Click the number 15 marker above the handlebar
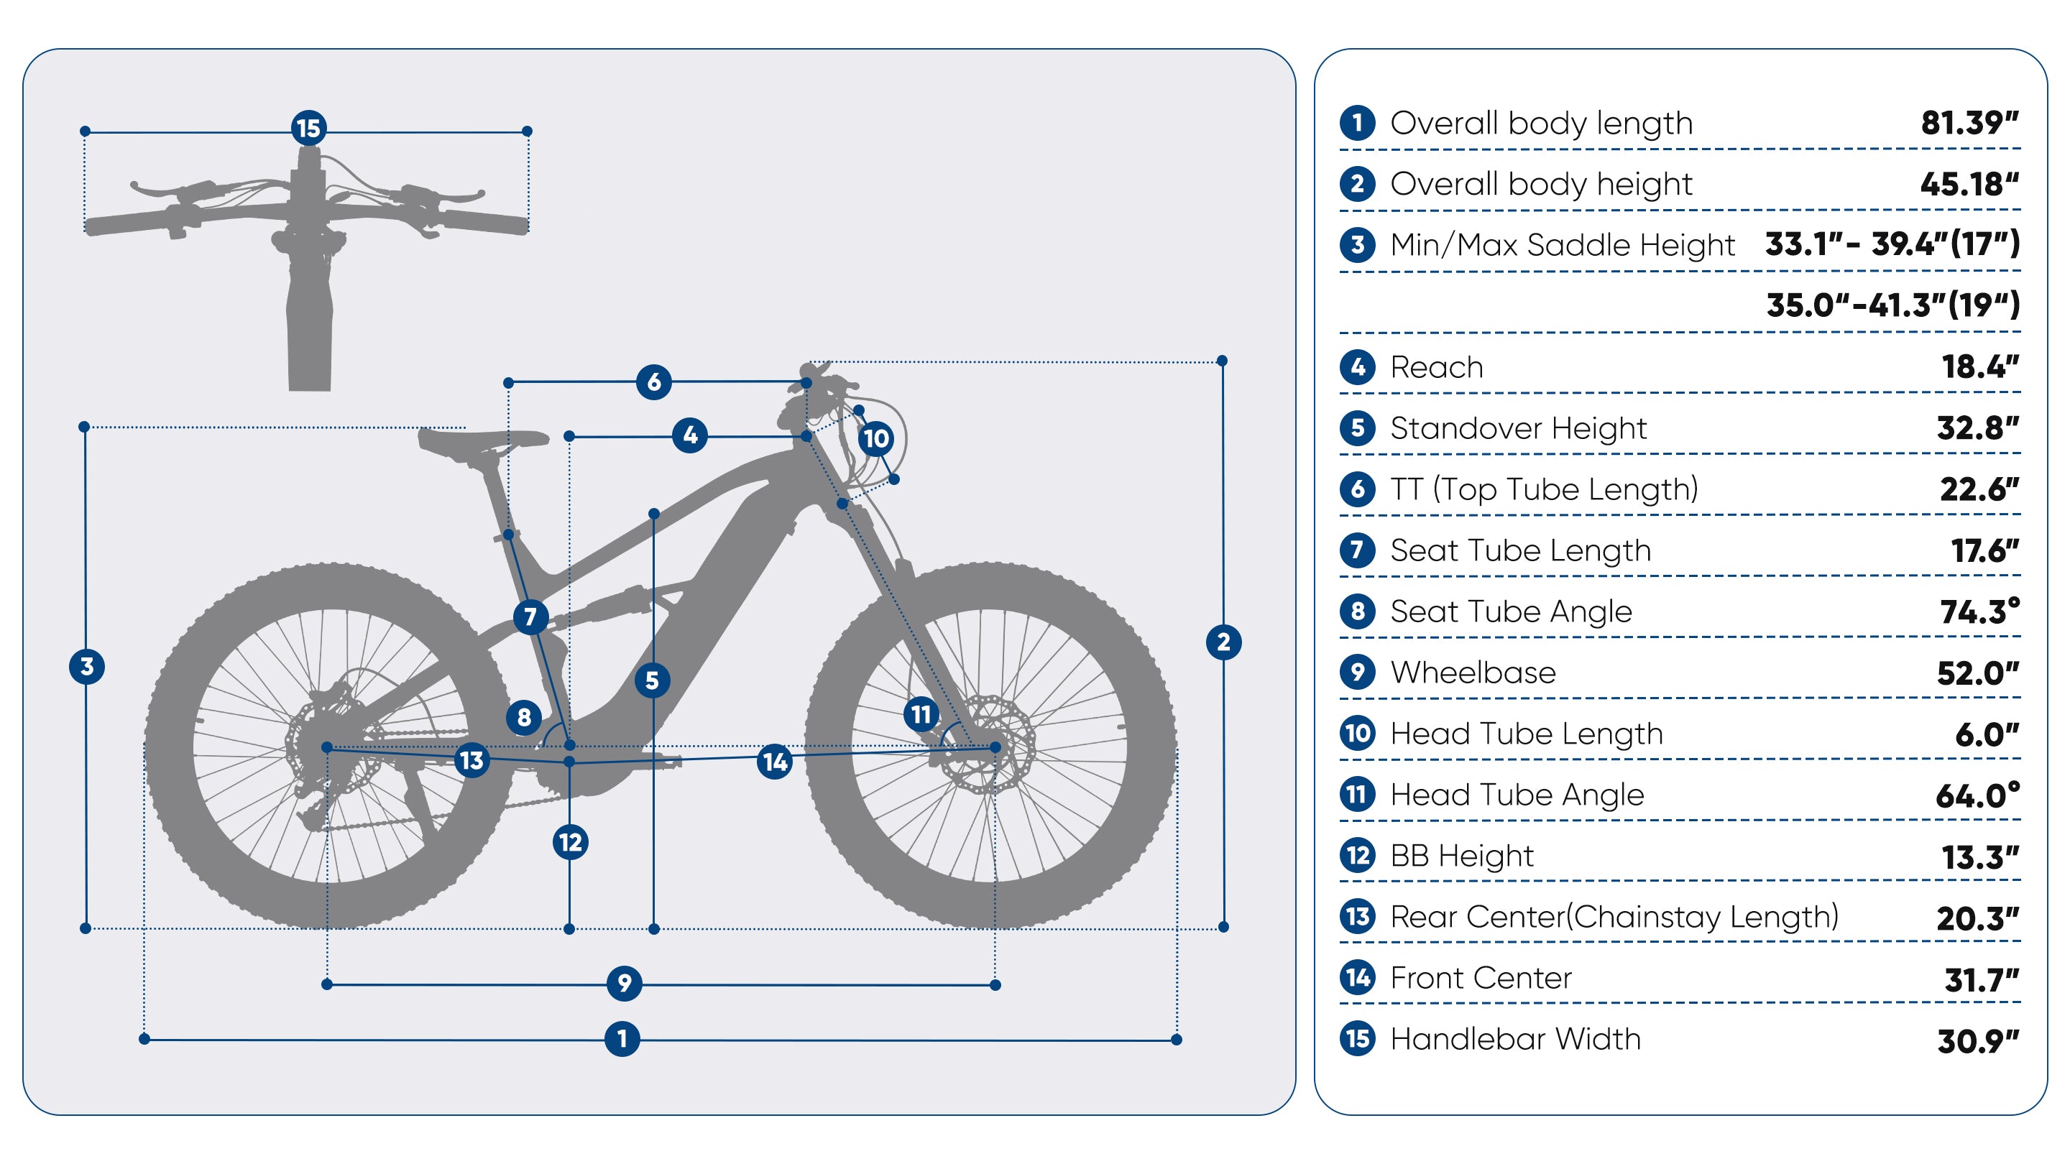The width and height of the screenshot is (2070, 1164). [308, 129]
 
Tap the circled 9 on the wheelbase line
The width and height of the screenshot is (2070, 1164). [625, 983]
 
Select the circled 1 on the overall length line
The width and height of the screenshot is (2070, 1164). [622, 1040]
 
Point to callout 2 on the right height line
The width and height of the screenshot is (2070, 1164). [1223, 642]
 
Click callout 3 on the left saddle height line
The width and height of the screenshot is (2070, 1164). [87, 667]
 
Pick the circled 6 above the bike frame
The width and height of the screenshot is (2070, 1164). [653, 382]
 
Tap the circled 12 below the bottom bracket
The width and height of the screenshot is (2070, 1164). [571, 843]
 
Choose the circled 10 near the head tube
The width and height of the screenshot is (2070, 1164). [876, 438]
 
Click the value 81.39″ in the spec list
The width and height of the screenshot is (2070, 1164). [1969, 124]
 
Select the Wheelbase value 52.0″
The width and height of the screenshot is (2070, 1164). [1977, 673]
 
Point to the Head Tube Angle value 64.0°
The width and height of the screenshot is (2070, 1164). [1977, 795]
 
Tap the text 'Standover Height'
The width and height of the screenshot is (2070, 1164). [1518, 428]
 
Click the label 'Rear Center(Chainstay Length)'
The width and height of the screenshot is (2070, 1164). [1614, 917]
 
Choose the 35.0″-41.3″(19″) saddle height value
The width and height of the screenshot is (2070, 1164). [1892, 305]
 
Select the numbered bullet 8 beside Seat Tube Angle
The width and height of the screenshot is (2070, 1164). [1357, 611]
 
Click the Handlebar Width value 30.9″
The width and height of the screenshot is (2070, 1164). [1977, 1041]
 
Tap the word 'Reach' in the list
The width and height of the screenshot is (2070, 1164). [1437, 367]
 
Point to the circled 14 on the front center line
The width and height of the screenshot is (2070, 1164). [775, 762]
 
